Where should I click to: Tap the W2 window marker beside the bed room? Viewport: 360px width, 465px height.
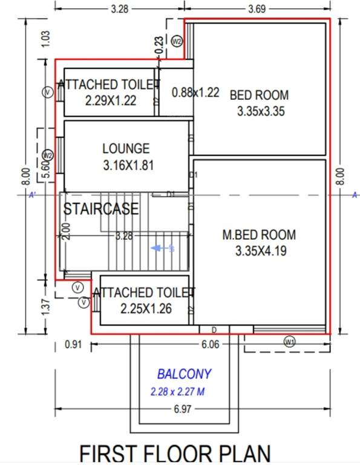pyautogui.click(x=177, y=41)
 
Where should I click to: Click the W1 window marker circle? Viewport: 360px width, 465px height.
pyautogui.click(x=290, y=341)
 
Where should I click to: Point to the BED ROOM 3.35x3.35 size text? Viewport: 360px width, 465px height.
pyautogui.click(x=261, y=111)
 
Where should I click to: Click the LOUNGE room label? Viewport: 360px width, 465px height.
pyautogui.click(x=125, y=148)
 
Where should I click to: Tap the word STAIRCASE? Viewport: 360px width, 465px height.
pyautogui.click(x=102, y=209)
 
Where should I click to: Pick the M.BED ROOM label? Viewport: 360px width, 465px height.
pyautogui.click(x=259, y=234)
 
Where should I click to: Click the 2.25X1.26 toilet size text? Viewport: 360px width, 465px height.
pyautogui.click(x=146, y=309)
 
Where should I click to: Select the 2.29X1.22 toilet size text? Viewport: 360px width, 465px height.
pyautogui.click(x=111, y=101)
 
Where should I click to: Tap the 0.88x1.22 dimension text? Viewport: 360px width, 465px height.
pyautogui.click(x=195, y=93)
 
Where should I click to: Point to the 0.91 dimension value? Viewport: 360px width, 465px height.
pyautogui.click(x=73, y=345)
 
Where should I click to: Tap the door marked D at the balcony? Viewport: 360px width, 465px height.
pyautogui.click(x=214, y=329)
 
